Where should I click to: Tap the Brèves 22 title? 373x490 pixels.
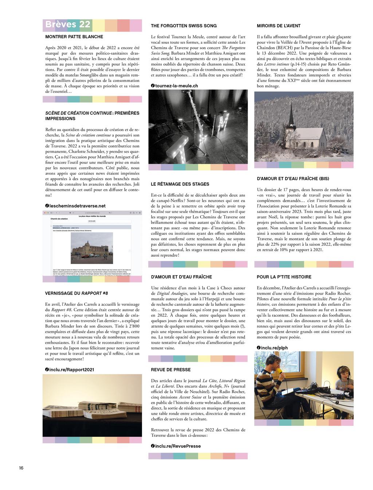coord(68,24)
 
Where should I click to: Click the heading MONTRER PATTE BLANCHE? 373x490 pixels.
coord(74,37)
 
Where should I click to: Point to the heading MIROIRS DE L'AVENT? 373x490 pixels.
coord(279,26)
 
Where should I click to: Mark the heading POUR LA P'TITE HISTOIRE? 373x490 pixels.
coord(284,277)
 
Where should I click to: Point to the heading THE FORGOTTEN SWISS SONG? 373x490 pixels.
coord(184,26)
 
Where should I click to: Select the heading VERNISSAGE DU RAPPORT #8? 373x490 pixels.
coord(76,293)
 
